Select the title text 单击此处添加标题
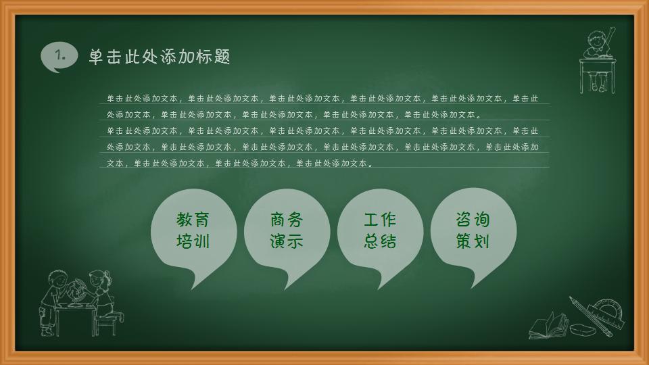tap(160, 57)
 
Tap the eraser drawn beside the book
tap(582, 328)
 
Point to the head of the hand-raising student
tap(595, 38)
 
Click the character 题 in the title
tap(222, 57)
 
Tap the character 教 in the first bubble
tap(184, 220)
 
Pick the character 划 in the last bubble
tap(481, 241)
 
